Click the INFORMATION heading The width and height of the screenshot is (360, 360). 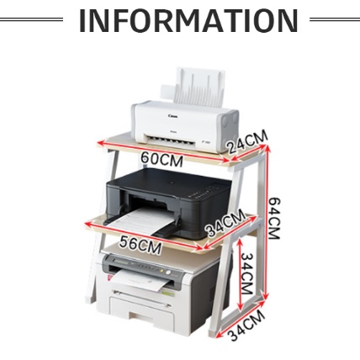point(188,20)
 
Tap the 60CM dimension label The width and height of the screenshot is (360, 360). point(161,159)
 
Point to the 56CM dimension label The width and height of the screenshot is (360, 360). point(140,245)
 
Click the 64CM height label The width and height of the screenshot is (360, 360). point(274,218)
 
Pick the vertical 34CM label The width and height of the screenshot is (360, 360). point(247,273)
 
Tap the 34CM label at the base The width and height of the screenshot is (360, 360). point(246,326)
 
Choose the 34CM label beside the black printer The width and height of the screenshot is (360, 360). point(225,223)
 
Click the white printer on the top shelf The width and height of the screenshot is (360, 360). point(185,111)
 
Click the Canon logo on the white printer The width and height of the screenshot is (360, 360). point(172,116)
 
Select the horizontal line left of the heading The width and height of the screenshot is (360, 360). point(31,19)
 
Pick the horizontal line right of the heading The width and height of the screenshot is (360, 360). point(335,19)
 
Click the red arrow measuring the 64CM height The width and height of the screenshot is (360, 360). point(267,222)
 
